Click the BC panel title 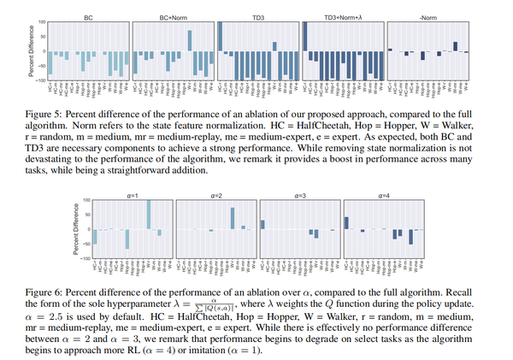89,16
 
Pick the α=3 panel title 298,196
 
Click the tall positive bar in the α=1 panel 149,214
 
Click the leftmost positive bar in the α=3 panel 262,224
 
